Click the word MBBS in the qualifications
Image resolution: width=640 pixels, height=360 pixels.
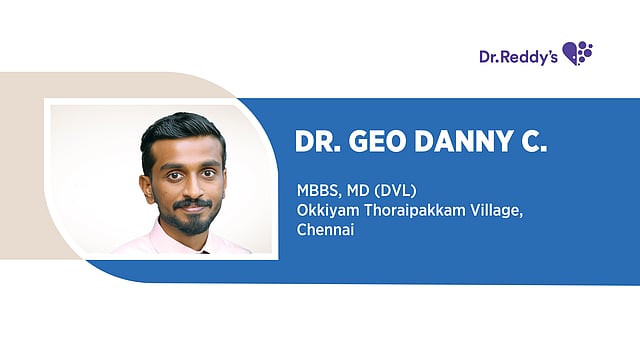(x=315, y=190)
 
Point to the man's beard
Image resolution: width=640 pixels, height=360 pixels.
(x=191, y=220)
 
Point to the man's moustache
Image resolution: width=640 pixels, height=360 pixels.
(x=191, y=204)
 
